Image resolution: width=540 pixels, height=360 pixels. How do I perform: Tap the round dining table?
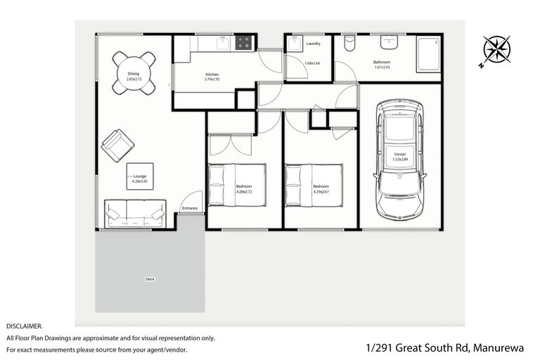click(134, 73)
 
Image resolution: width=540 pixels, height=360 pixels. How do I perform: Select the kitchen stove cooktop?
click(244, 43)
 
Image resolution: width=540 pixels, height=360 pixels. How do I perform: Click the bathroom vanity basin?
click(393, 41)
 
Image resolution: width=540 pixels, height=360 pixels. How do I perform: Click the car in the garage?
click(399, 158)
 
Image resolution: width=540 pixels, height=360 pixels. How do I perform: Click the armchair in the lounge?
click(117, 145)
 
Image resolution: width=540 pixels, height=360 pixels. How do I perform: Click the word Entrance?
click(190, 208)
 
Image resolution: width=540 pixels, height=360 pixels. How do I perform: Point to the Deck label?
click(150, 279)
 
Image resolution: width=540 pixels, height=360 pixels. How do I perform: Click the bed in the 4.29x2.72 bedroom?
click(237, 184)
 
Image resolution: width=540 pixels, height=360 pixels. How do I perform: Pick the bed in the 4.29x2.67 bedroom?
click(314, 184)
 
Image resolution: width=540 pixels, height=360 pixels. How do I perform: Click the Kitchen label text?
click(212, 74)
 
